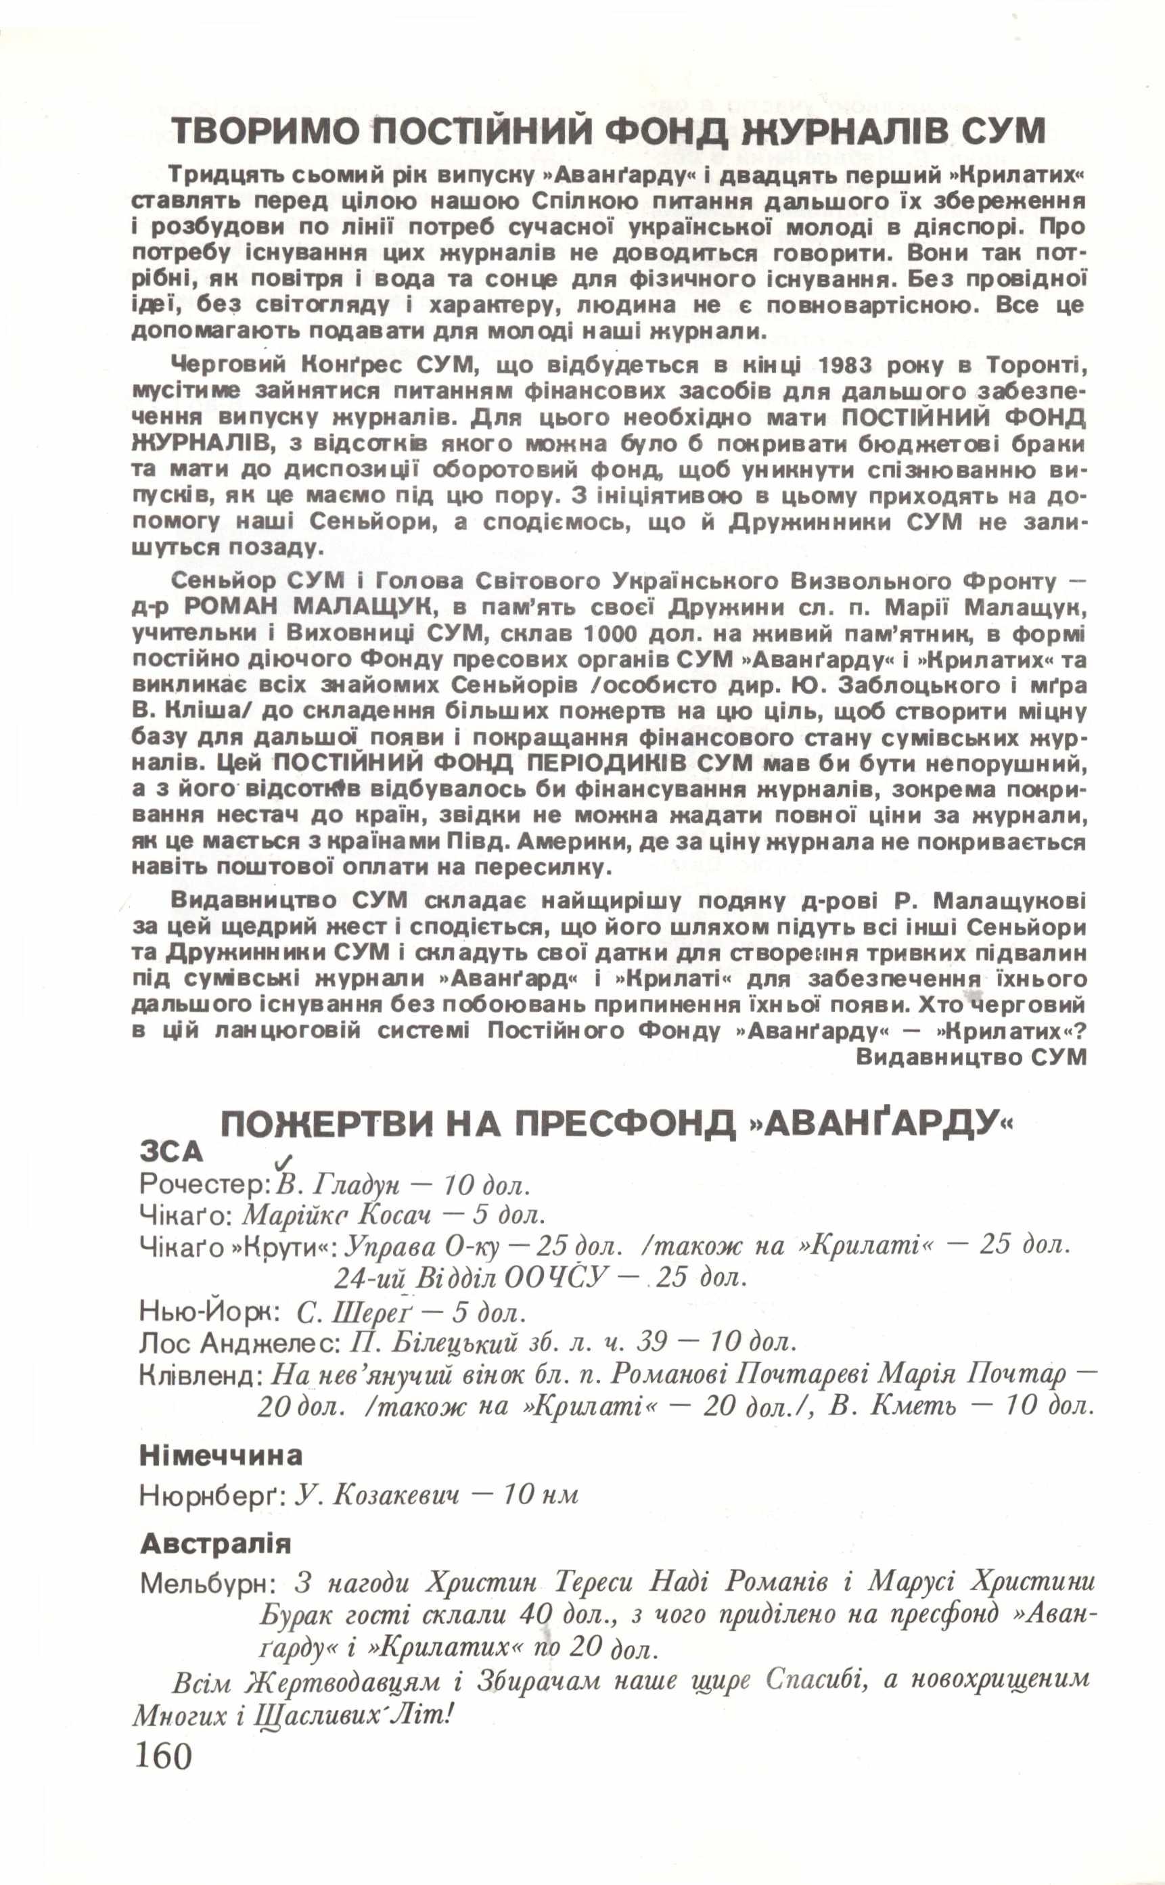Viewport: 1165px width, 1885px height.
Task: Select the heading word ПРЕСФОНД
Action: [x=624, y=1125]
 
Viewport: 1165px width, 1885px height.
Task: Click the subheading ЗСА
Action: [x=171, y=1152]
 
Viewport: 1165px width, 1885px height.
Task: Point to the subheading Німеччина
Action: [x=221, y=1456]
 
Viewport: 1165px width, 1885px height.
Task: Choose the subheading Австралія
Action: [x=215, y=1545]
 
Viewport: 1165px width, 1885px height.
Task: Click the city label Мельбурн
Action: [x=207, y=1585]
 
